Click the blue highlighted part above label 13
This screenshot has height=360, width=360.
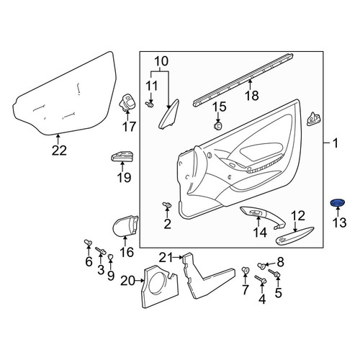338,203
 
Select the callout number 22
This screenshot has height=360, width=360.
59,150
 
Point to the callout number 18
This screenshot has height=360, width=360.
252,96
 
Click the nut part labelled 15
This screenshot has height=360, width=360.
217,125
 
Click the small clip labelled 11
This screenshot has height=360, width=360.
150,104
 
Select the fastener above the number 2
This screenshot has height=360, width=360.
167,204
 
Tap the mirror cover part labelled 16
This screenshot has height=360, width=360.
125,225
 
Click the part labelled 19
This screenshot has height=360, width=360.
122,156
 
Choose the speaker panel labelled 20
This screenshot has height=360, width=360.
159,287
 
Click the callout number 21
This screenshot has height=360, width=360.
166,258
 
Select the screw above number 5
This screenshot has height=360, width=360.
274,273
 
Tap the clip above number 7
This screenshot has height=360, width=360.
245,270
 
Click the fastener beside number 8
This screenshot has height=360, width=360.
261,266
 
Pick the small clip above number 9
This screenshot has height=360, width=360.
110,257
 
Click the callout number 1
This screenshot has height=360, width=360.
335,143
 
